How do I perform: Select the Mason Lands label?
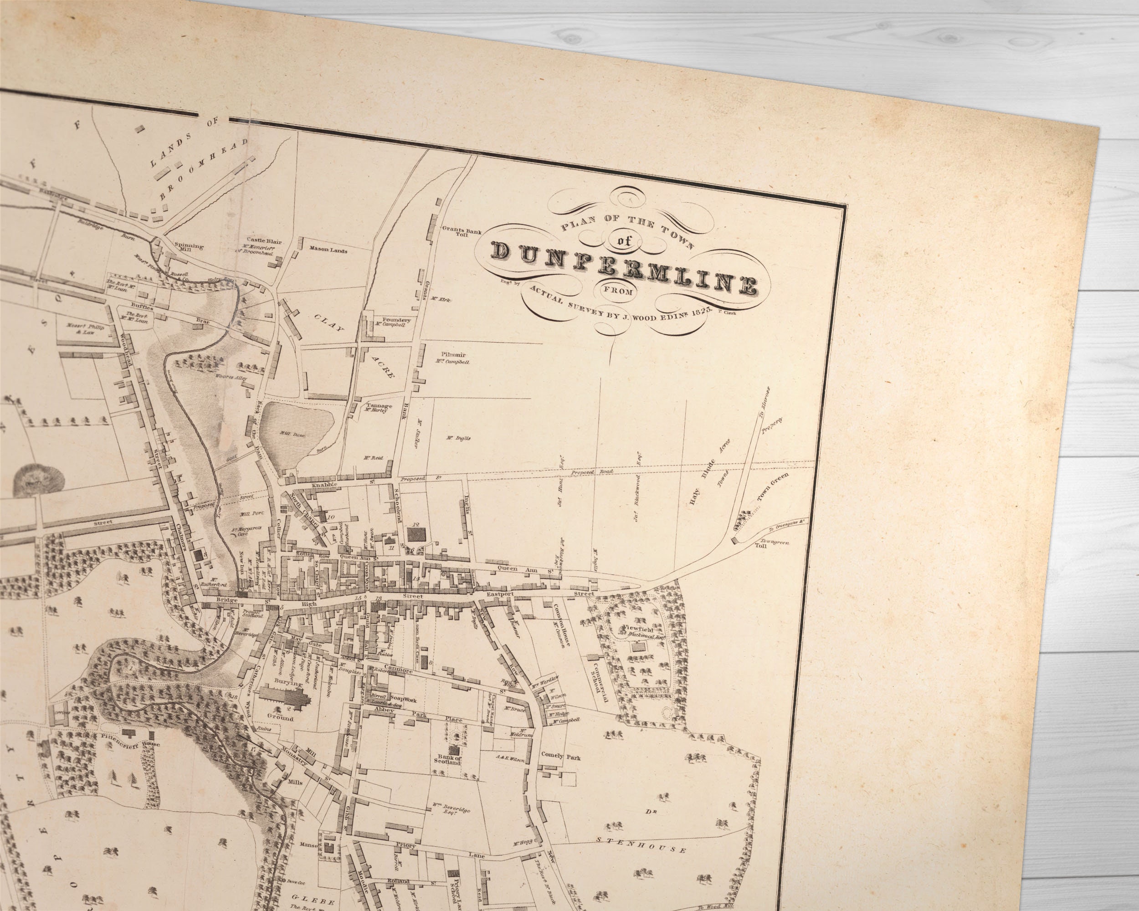(x=328, y=251)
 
